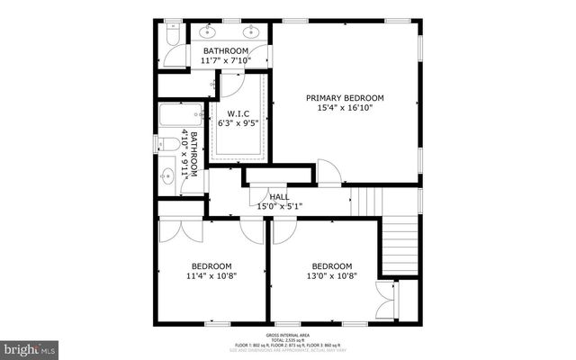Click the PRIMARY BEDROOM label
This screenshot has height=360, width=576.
click(345, 97)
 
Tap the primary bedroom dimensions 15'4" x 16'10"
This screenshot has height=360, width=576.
click(345, 108)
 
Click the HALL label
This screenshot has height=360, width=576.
click(279, 196)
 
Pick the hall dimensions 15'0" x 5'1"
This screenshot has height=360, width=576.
click(279, 206)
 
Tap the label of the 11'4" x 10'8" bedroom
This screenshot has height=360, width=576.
click(211, 265)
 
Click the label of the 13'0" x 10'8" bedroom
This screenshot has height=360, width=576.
click(332, 265)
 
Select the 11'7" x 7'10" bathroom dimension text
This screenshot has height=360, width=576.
click(225, 61)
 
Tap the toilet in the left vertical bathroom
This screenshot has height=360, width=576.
click(167, 144)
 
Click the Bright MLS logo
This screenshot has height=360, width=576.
click(31, 347)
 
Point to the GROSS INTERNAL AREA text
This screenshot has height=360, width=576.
click(288, 333)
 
